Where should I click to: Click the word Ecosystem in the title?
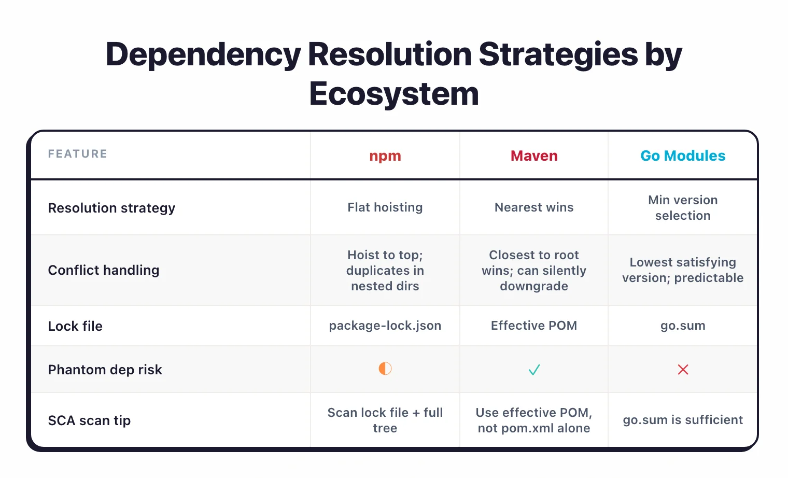pos(394,94)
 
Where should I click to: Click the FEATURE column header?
pos(78,154)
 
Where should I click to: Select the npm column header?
pos(385,156)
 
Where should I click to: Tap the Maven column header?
pos(534,156)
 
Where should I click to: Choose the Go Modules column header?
pos(683,156)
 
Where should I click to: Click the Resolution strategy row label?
pos(111,208)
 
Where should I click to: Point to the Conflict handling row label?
pos(104,270)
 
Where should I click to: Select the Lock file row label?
pos(75,326)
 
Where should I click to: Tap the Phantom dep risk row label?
pos(105,370)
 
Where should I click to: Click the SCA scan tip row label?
pos(89,420)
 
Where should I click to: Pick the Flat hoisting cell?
pos(385,207)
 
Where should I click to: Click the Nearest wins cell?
pos(534,207)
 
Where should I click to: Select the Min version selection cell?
pos(683,208)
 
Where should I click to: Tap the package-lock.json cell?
pos(385,326)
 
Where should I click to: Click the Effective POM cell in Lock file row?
pos(534,326)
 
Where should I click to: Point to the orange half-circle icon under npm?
pos(385,369)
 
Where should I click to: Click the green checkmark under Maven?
pos(534,370)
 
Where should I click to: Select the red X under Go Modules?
pos(683,370)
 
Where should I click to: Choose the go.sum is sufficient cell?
pos(683,420)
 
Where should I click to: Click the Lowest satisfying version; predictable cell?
pos(683,270)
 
